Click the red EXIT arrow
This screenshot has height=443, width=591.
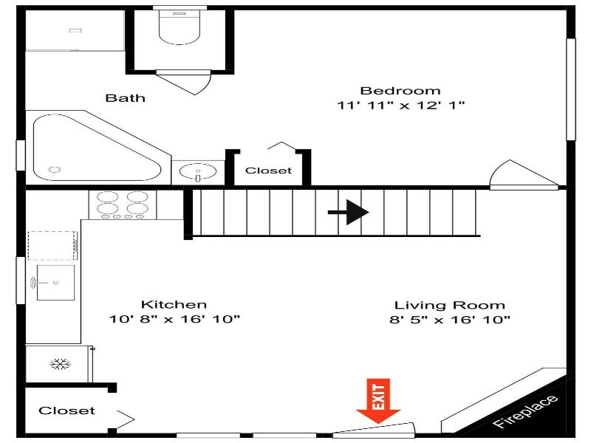point(378,401)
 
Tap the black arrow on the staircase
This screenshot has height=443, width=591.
point(348,213)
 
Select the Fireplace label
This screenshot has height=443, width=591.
point(526,412)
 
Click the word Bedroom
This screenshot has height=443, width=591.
point(400,91)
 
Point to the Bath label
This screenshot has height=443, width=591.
point(125,98)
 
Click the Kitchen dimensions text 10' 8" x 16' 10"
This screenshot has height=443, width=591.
point(174,320)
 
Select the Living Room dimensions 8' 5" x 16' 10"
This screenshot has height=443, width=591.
point(450,320)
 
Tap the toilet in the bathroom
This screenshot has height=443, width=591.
point(179,27)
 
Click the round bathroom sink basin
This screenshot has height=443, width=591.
point(198,172)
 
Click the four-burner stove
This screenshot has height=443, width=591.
point(123,205)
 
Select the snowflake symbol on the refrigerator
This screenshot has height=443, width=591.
point(61,364)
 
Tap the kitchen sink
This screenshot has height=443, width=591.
point(55,283)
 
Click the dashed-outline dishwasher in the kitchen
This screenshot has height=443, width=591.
point(52,246)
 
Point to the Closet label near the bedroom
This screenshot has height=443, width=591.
point(268,171)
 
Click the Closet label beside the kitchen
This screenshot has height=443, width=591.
point(66,411)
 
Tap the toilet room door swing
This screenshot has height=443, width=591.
point(184,82)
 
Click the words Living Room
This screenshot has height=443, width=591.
point(450,305)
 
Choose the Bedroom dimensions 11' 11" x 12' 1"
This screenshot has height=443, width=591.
point(400,105)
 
